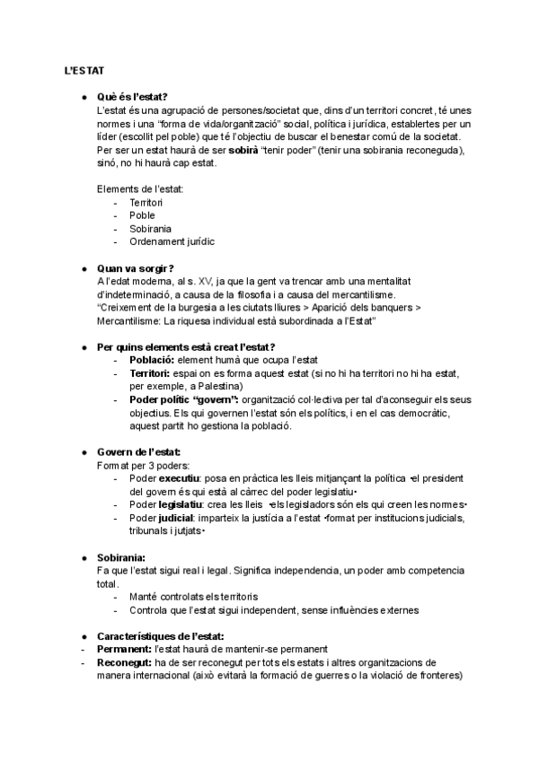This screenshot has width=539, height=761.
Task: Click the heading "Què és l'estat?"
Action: coord(131,96)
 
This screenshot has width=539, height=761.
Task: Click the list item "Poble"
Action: coord(142,215)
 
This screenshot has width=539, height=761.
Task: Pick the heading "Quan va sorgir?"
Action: coord(135,268)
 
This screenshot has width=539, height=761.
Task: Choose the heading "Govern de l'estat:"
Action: coord(138,451)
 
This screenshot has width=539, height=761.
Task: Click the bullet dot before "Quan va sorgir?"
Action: coord(84,268)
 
